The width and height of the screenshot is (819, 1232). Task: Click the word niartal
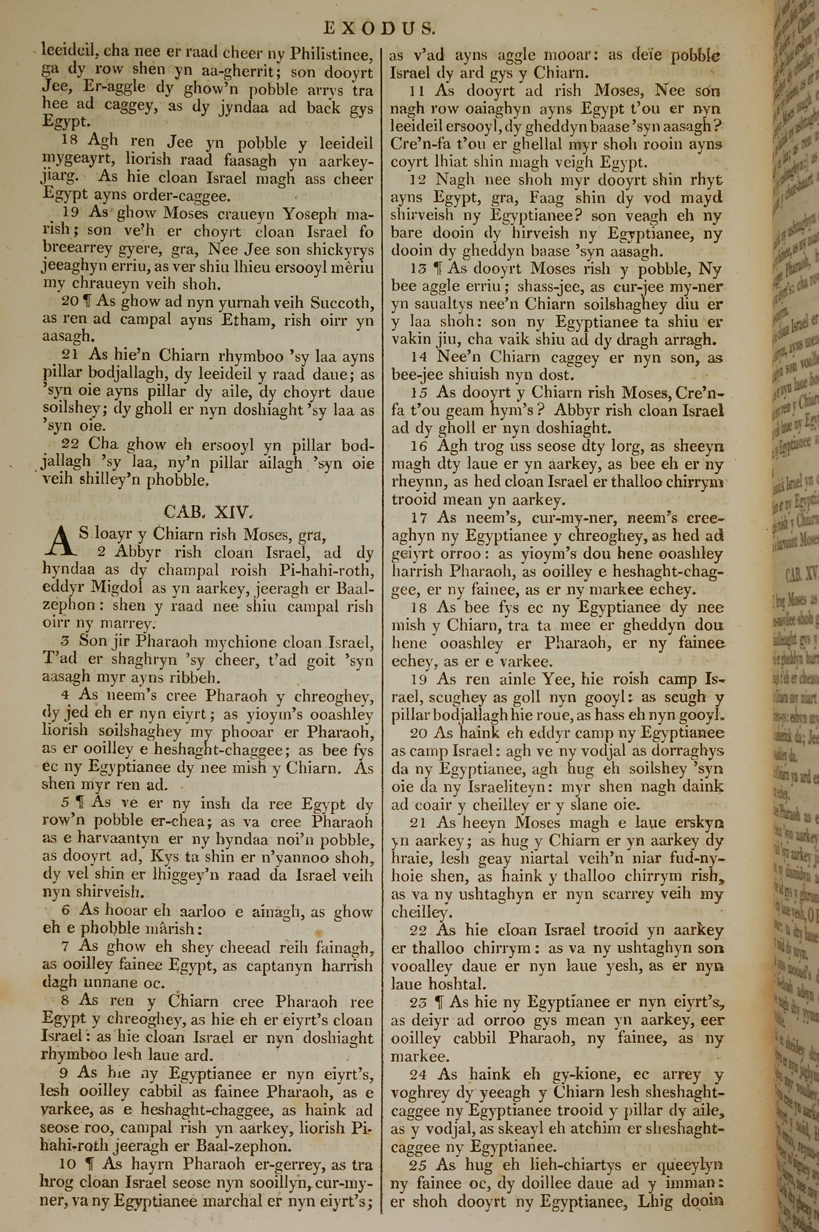[548, 858]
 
